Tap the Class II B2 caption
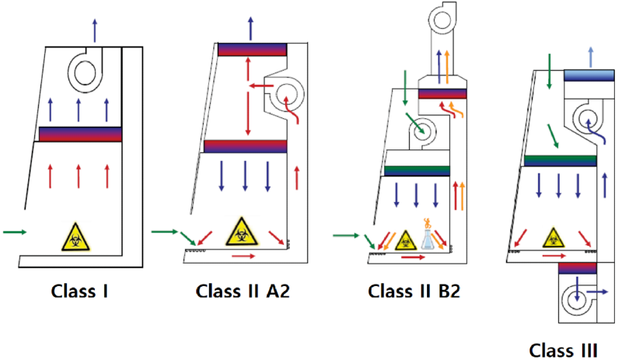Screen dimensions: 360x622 click(413, 292)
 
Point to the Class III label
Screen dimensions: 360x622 click(565, 348)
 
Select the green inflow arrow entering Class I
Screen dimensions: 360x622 click(15, 232)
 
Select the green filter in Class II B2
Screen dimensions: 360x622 click(418, 170)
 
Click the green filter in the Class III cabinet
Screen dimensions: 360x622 click(560, 161)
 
